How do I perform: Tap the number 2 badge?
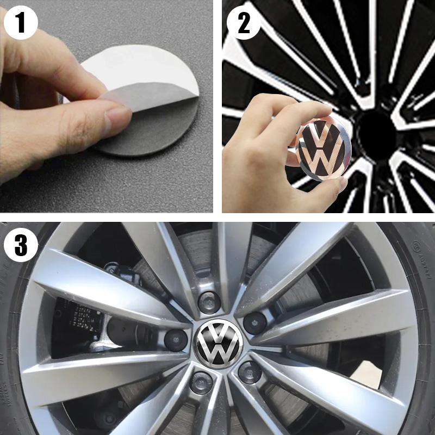tap(243, 23)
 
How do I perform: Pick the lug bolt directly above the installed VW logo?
tap(209, 302)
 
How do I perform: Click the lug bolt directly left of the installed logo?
tap(176, 339)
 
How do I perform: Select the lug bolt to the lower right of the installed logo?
tap(249, 372)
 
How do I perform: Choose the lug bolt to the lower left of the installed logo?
tap(201, 383)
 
